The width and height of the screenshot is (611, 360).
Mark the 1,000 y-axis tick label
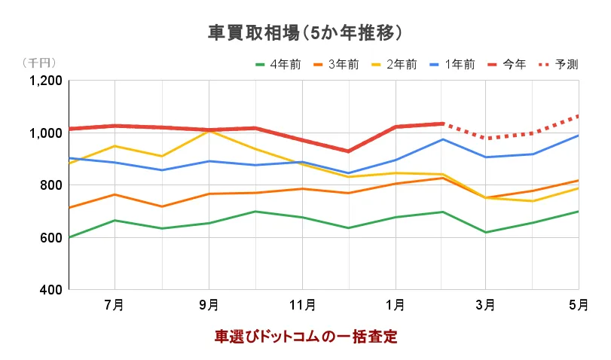pos(44,133)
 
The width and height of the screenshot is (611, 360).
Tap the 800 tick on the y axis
pos(51,185)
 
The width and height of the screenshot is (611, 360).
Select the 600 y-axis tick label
pos(51,238)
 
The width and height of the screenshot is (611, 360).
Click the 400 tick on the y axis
pos(51,290)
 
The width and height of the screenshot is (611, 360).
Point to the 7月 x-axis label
pos(115,305)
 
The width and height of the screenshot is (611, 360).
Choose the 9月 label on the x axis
pos(208,305)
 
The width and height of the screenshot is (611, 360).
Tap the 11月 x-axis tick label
pos(301,305)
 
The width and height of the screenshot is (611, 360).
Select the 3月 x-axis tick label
pos(486,305)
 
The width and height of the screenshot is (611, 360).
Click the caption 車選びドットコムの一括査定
pos(306,337)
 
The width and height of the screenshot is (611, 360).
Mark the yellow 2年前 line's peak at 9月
pos(209,131)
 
